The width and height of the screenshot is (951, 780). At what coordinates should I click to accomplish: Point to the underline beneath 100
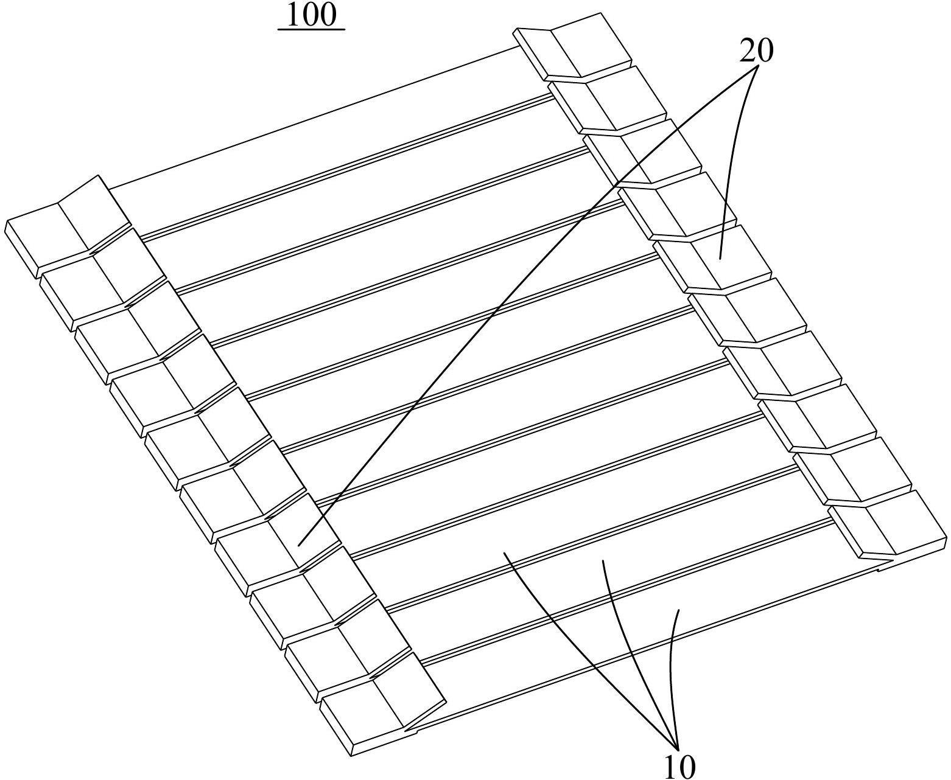(x=311, y=29)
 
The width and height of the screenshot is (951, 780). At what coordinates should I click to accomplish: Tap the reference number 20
(x=756, y=51)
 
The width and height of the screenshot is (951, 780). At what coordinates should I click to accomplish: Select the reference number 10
(x=679, y=766)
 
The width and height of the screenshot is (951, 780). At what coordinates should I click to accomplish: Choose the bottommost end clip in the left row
(x=381, y=706)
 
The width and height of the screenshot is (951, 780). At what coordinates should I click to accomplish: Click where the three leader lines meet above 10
(x=677, y=746)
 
